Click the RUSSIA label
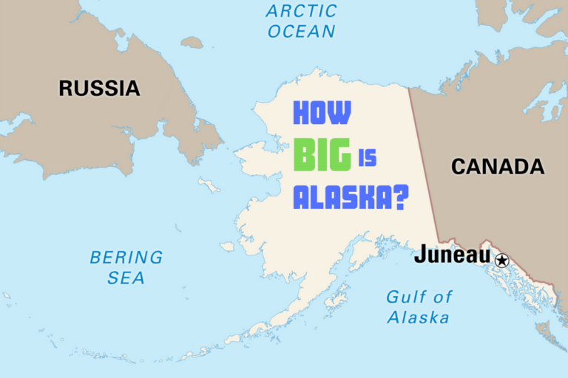pos(99,89)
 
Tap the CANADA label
pos(498,167)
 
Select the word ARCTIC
pos(301,11)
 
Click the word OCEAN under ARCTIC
pos(301,31)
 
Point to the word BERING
pos(126,258)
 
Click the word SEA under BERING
pos(126,278)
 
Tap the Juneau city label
pos(452,255)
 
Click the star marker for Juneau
pos(502,260)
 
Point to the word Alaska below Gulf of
pos(418,318)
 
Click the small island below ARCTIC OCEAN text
pos(192,43)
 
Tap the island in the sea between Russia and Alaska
pos(209,185)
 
